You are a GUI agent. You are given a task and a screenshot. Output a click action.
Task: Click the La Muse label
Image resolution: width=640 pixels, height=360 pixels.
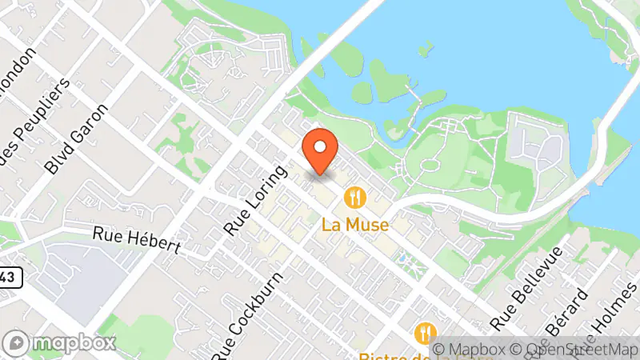click(x=355, y=225)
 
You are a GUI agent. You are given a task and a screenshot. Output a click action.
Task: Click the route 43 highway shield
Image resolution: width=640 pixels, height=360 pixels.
click(x=8, y=277)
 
